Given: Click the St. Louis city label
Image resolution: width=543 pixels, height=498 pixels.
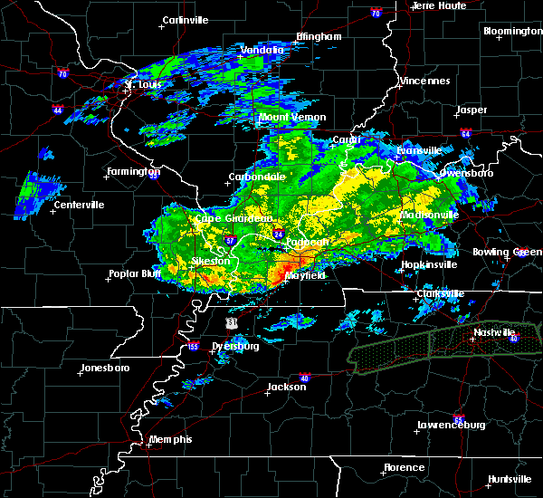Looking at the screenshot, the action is pos(142,85).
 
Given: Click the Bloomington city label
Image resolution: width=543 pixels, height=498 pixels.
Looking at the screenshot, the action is pos(512,31).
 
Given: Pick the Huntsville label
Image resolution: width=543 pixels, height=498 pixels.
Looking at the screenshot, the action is pos(510,478).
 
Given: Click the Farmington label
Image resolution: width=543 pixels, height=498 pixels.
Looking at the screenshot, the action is pos(133,171).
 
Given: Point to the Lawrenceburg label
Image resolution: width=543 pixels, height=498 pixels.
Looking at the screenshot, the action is pos(452,425).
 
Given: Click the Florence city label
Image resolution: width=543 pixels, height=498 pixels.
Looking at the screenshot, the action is pos(403,467).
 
